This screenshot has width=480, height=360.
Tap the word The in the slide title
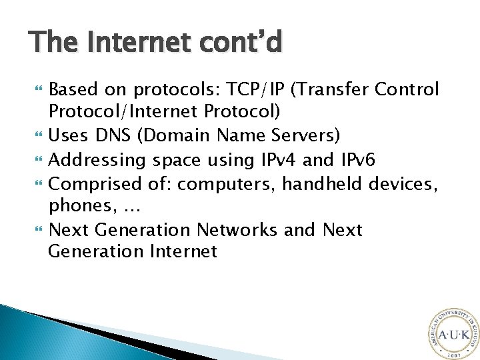click(52, 43)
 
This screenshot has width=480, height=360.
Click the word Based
click(73, 89)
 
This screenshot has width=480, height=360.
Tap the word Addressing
click(98, 160)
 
